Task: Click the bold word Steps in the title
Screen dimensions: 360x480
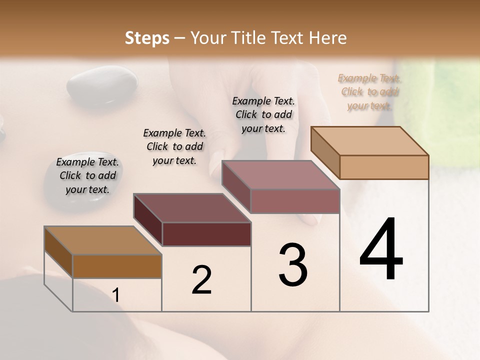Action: (147, 38)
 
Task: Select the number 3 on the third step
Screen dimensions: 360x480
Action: (293, 265)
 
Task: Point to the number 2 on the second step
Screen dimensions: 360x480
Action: (201, 280)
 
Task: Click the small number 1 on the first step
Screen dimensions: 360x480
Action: (116, 295)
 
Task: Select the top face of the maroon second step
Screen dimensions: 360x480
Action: (192, 208)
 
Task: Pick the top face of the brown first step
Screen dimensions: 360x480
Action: (103, 240)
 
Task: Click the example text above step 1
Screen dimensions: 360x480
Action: (87, 175)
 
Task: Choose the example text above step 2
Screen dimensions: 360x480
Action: (174, 146)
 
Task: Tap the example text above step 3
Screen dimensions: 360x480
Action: (263, 114)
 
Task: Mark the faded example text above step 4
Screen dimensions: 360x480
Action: (369, 91)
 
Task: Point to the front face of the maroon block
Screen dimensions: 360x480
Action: (206, 234)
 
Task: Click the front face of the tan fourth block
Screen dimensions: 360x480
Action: (384, 167)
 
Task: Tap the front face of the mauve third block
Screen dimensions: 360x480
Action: (295, 201)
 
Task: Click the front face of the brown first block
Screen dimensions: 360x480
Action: (117, 266)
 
